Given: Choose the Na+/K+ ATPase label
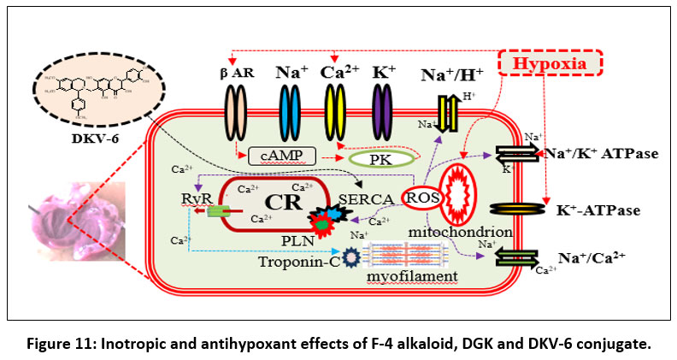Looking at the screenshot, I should (605, 154).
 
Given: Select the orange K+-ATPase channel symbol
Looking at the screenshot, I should (521, 208).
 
